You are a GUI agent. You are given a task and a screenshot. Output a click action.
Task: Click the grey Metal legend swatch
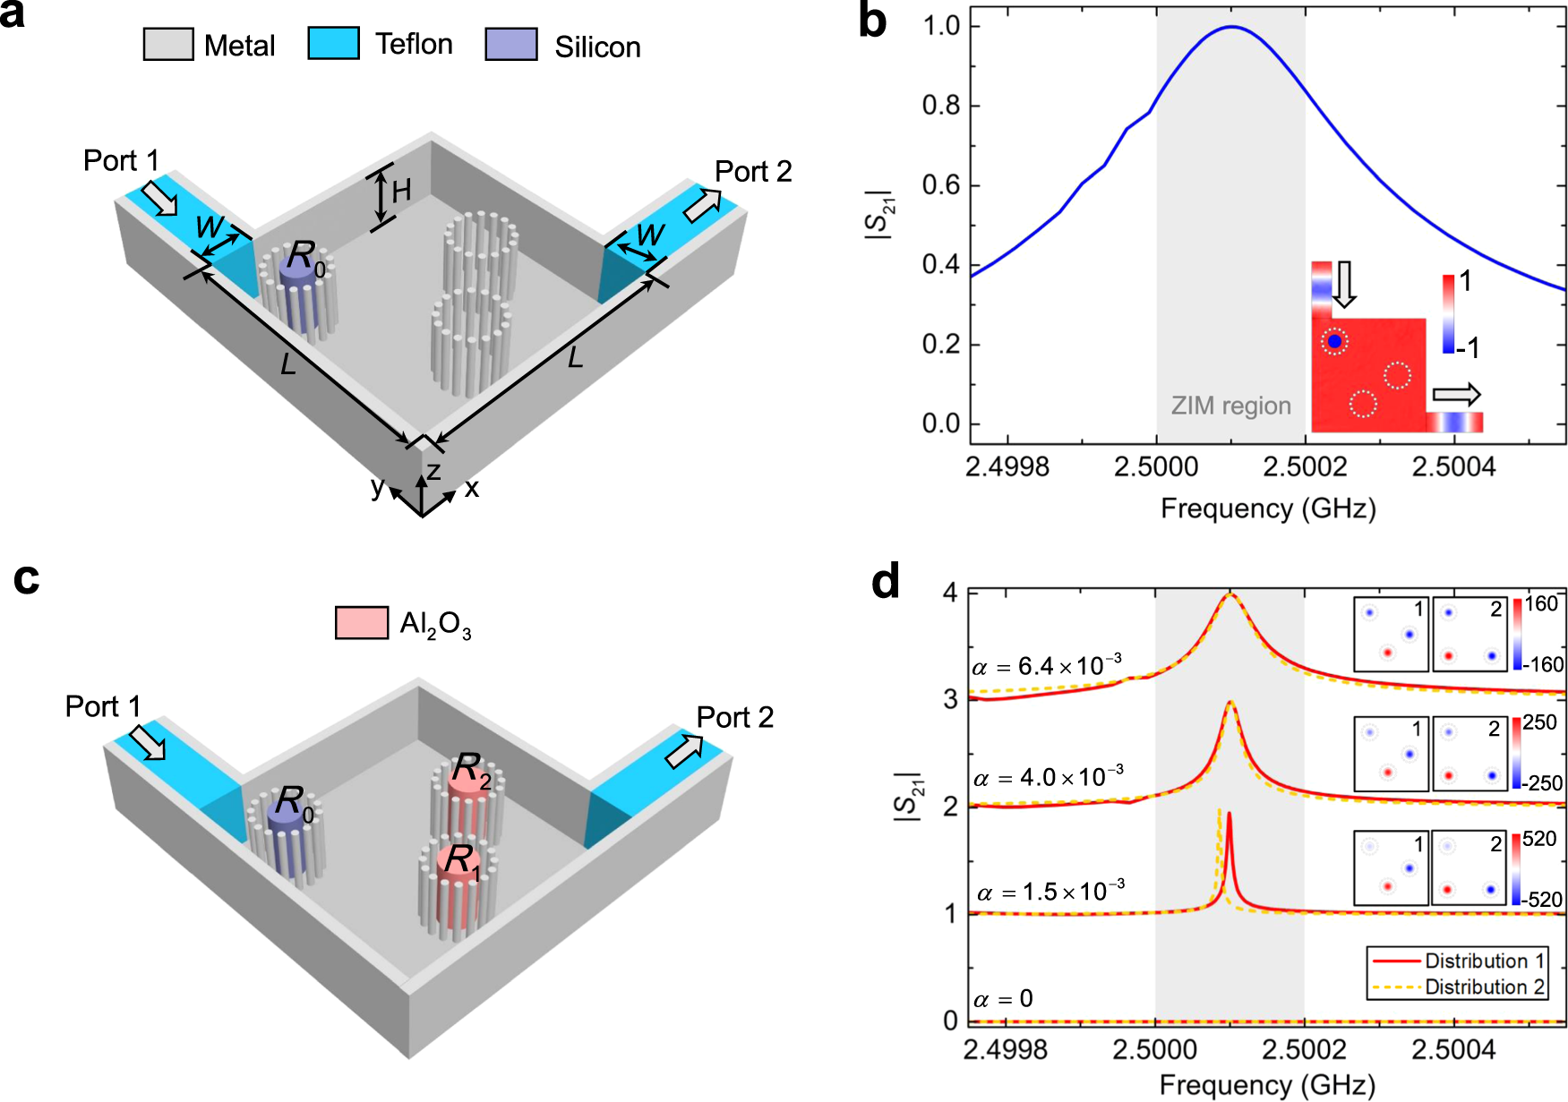pyautogui.click(x=168, y=44)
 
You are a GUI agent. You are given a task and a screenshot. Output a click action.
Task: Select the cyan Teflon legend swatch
pyautogui.click(x=333, y=43)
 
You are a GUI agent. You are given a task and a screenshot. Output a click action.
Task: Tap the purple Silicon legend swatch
pyautogui.click(x=511, y=44)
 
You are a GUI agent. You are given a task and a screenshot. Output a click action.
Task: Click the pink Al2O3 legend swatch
pyautogui.click(x=362, y=622)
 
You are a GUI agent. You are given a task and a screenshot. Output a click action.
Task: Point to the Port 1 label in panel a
pyautogui.click(x=121, y=161)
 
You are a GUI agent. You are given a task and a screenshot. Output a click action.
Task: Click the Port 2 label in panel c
pyautogui.click(x=734, y=717)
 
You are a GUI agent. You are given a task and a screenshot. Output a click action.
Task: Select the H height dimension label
pyautogui.click(x=401, y=190)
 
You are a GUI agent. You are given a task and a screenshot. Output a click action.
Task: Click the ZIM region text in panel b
pyautogui.click(x=1230, y=406)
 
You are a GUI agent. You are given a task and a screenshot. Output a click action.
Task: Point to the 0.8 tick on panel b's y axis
pyautogui.click(x=940, y=106)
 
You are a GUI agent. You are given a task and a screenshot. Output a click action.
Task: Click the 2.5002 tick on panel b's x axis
pyautogui.click(x=1305, y=466)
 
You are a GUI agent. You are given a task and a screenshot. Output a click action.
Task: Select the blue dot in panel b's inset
pyautogui.click(x=1334, y=341)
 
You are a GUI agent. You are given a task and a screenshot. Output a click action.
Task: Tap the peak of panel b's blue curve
pyautogui.click(x=1231, y=27)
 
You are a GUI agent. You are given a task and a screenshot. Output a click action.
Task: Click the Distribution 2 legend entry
pyautogui.click(x=1484, y=987)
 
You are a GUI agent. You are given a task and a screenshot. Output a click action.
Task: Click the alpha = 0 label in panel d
pyautogui.click(x=1003, y=998)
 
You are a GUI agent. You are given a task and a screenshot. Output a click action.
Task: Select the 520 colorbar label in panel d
pyautogui.click(x=1539, y=839)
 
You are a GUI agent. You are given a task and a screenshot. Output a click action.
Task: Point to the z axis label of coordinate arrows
pyautogui.click(x=433, y=471)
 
